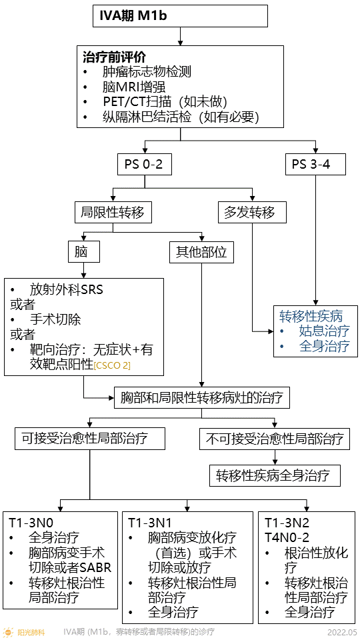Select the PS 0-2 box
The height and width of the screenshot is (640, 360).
click(x=144, y=164)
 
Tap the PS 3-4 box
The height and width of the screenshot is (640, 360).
click(x=315, y=164)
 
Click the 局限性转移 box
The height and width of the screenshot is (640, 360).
click(x=112, y=213)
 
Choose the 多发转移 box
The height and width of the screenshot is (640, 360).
click(x=252, y=213)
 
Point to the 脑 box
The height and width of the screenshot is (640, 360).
click(x=83, y=252)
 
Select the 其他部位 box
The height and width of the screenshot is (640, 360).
click(x=201, y=252)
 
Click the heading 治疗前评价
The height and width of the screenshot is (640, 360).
click(x=114, y=57)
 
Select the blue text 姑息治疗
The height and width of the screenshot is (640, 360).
click(x=323, y=331)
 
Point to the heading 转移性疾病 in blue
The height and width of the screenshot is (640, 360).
click(x=311, y=316)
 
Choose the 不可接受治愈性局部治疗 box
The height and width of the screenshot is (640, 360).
click(x=274, y=439)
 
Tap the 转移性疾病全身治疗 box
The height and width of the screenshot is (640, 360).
click(x=274, y=476)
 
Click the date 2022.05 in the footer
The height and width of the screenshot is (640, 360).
click(x=342, y=632)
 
